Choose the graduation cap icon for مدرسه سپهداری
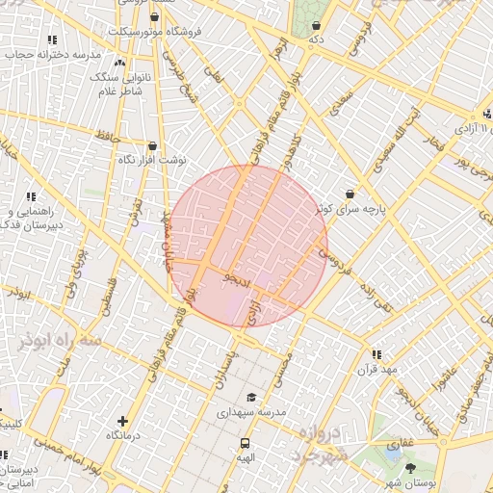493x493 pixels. (251, 397)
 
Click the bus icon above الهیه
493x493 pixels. (245, 444)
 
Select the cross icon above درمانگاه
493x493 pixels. (121, 421)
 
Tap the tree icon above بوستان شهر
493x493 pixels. (411, 468)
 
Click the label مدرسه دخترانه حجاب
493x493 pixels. (41, 55)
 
